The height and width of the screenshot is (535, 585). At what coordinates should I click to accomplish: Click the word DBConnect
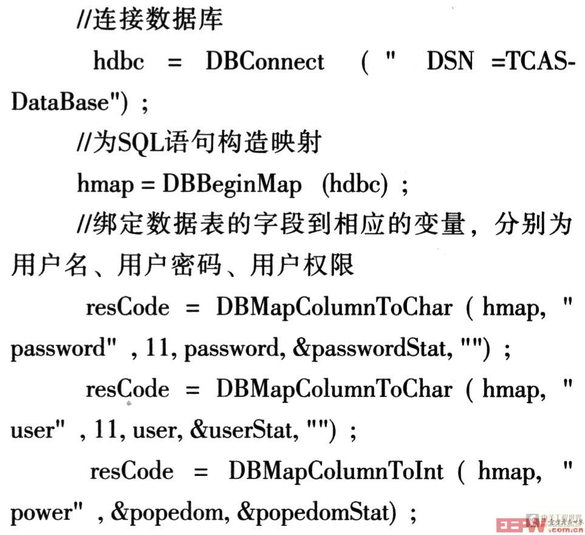tap(265, 61)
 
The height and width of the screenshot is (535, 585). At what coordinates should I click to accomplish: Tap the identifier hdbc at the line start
tap(118, 61)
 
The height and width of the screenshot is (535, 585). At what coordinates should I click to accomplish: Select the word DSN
tap(450, 61)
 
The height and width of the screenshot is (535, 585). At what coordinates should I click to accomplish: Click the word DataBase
tap(60, 102)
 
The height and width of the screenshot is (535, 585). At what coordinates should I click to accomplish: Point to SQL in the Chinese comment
tap(141, 143)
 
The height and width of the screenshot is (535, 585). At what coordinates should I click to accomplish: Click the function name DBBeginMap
tap(232, 184)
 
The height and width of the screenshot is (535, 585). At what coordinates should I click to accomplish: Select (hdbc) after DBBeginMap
tap(355, 184)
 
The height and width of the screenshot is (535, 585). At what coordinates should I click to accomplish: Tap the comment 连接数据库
tap(157, 19)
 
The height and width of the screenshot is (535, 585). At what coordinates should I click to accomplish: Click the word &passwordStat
tap(372, 349)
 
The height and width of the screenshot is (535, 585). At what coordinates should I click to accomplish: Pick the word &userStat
tap(244, 430)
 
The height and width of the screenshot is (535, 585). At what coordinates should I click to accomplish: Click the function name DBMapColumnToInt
tap(336, 471)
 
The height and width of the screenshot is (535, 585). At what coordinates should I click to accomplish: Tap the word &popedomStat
tap(316, 513)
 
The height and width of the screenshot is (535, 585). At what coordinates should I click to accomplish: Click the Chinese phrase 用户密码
tap(169, 266)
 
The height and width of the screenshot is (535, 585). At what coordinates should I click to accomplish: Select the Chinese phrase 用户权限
tap(302, 266)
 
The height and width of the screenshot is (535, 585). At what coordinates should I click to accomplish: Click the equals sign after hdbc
tap(174, 62)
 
